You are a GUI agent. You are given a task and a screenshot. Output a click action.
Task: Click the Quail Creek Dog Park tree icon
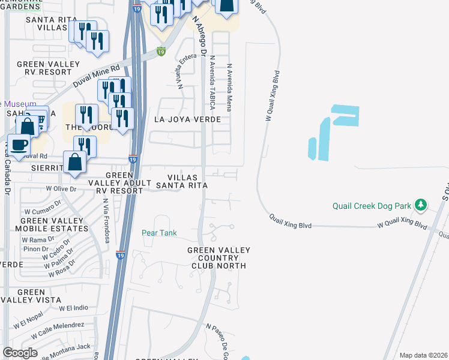421,205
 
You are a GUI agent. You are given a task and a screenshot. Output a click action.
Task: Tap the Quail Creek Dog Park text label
372,206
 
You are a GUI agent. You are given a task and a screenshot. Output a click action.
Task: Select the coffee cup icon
19,145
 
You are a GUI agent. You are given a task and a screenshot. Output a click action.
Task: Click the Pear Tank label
159,233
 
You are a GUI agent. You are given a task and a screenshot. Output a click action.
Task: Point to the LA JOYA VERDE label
187,119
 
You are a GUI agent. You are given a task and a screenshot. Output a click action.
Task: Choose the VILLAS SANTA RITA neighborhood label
187,181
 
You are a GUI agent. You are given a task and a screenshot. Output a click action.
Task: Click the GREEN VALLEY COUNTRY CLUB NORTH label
217,257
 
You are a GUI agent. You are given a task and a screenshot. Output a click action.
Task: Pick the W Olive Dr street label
62,188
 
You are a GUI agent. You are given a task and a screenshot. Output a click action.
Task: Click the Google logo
20,353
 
